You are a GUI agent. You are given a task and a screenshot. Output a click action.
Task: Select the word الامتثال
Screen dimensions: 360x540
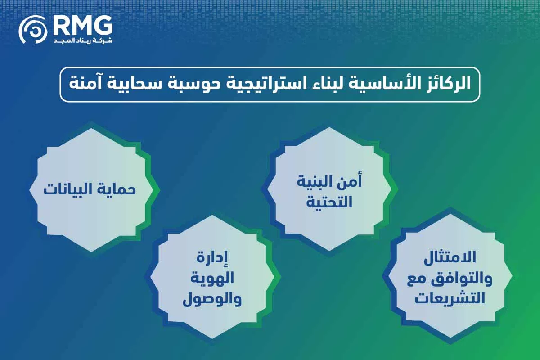450,261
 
